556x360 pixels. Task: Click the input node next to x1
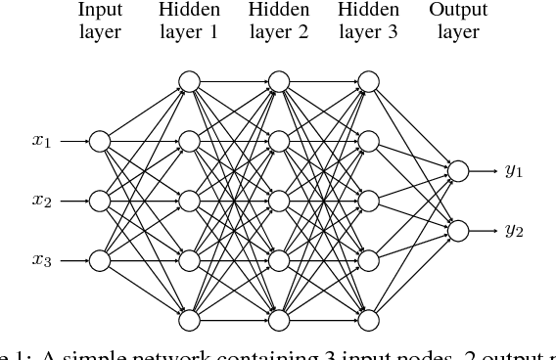[x=99, y=141]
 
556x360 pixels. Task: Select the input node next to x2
[x=99, y=201]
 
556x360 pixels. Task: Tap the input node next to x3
[x=99, y=260]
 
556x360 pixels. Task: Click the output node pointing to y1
[x=457, y=171]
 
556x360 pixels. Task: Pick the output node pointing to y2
[x=457, y=231]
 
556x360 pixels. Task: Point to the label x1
[x=41, y=142]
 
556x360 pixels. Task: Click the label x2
[x=41, y=202]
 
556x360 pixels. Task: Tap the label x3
[x=41, y=261]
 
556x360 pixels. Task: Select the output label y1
[x=514, y=172]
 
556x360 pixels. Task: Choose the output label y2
[x=514, y=232]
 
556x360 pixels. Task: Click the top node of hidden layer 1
[x=189, y=81]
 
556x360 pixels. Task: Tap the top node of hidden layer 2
[x=278, y=81]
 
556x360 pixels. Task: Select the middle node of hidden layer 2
[x=278, y=201]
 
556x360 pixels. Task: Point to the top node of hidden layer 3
[x=368, y=81]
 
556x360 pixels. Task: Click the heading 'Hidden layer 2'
[x=278, y=22]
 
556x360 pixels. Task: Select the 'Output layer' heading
[x=457, y=22]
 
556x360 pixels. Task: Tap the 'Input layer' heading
[x=99, y=22]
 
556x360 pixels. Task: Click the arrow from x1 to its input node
[x=73, y=141]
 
